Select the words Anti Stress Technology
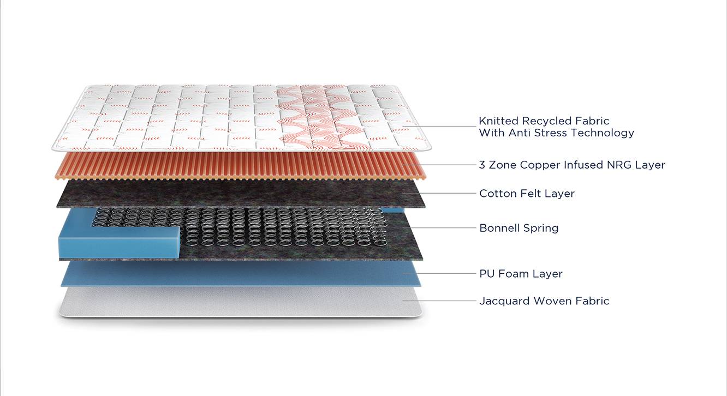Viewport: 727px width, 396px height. click(571, 133)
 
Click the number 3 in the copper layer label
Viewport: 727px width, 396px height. click(482, 165)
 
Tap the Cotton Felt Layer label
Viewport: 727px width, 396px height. click(527, 194)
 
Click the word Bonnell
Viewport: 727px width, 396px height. click(499, 228)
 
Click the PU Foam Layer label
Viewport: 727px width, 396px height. click(521, 274)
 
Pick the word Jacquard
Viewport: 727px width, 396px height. click(505, 302)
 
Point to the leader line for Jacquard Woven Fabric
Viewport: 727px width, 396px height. click(439, 301)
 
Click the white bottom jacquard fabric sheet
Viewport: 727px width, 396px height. click(241, 302)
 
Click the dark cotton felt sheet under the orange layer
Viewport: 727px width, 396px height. click(241, 194)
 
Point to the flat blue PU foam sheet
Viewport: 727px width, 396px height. click(241, 274)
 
